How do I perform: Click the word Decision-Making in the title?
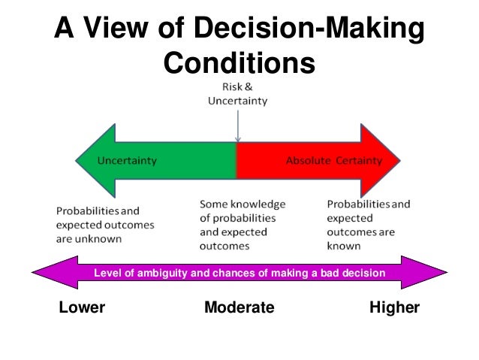(x=309, y=32)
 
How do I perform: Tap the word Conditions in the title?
(x=239, y=65)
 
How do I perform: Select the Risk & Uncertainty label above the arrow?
(x=237, y=94)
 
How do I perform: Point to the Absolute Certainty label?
(x=335, y=161)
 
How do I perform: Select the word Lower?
(x=81, y=309)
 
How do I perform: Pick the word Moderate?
(x=239, y=309)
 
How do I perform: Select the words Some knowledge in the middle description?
(x=238, y=204)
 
